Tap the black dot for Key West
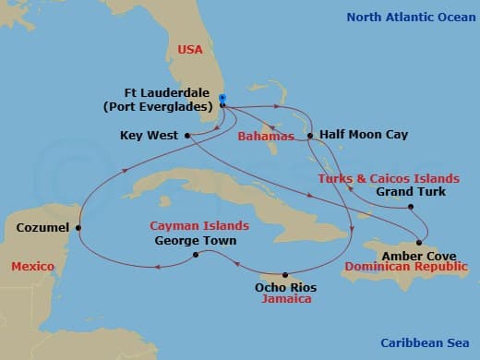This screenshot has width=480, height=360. point(187,136)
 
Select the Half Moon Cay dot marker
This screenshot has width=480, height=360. point(311,136)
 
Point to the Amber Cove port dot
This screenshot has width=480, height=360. point(419,243)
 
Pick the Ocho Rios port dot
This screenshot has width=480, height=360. point(285,275)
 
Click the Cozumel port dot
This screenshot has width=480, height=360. point(78,227)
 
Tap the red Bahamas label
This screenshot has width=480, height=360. point(266,137)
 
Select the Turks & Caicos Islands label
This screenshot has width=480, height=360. point(388,178)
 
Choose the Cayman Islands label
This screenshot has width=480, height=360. point(199,225)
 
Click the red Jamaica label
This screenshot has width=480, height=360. point(284,299)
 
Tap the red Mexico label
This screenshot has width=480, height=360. point(32,267)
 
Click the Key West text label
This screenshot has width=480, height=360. point(150,136)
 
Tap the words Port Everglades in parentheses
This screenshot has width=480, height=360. point(172,106)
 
